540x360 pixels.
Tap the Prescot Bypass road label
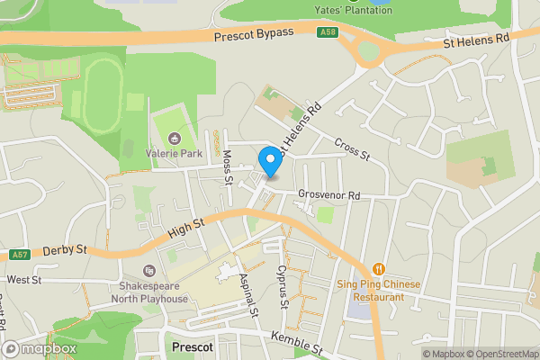tap(255, 34)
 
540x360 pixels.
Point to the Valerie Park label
tap(175, 153)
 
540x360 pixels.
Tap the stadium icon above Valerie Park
tap(175, 138)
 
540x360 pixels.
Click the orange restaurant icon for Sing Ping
tap(378, 268)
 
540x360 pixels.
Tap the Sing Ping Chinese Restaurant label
tap(378, 289)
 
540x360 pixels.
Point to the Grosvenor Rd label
tap(329, 194)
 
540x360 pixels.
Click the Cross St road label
tap(352, 148)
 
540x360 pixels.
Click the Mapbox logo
tap(40, 348)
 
